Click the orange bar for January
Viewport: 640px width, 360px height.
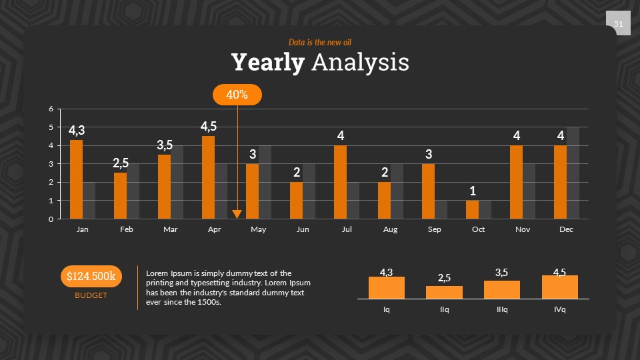point(76,179)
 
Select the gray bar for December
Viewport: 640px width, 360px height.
point(573,173)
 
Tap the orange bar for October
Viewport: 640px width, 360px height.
point(472,209)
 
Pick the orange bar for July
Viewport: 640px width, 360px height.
point(340,182)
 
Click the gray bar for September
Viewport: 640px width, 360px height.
point(441,209)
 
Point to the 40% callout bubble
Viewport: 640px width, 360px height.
point(237,95)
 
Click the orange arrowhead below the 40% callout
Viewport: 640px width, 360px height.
point(237,214)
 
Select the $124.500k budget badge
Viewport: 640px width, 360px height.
point(91,276)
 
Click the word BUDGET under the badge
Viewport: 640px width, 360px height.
point(91,295)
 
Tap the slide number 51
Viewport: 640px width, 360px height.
point(618,25)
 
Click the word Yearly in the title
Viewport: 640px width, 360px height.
point(268,63)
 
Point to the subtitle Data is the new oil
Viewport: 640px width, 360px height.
point(320,42)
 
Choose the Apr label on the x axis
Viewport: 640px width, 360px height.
point(214,229)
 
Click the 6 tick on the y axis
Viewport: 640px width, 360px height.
point(51,109)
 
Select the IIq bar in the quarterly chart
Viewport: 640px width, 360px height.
point(444,292)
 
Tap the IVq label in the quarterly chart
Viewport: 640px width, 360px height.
point(559,309)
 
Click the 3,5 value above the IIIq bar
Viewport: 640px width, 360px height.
point(502,273)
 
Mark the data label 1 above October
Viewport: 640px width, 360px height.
point(472,191)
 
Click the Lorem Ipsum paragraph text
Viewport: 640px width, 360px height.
point(228,287)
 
